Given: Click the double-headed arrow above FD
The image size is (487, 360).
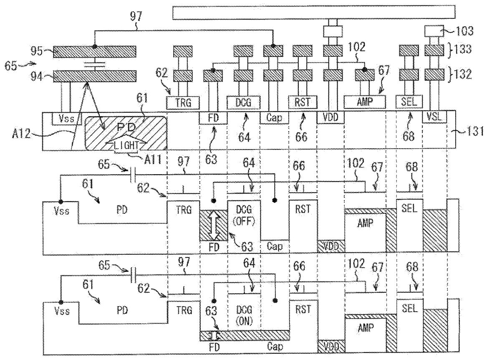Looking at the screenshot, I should pos(213,226).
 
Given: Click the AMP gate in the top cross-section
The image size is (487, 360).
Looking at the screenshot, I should pos(365,101).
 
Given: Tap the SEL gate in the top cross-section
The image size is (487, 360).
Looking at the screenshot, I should pos(409,101).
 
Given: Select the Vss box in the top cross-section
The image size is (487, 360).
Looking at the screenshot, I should pos(63,118).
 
